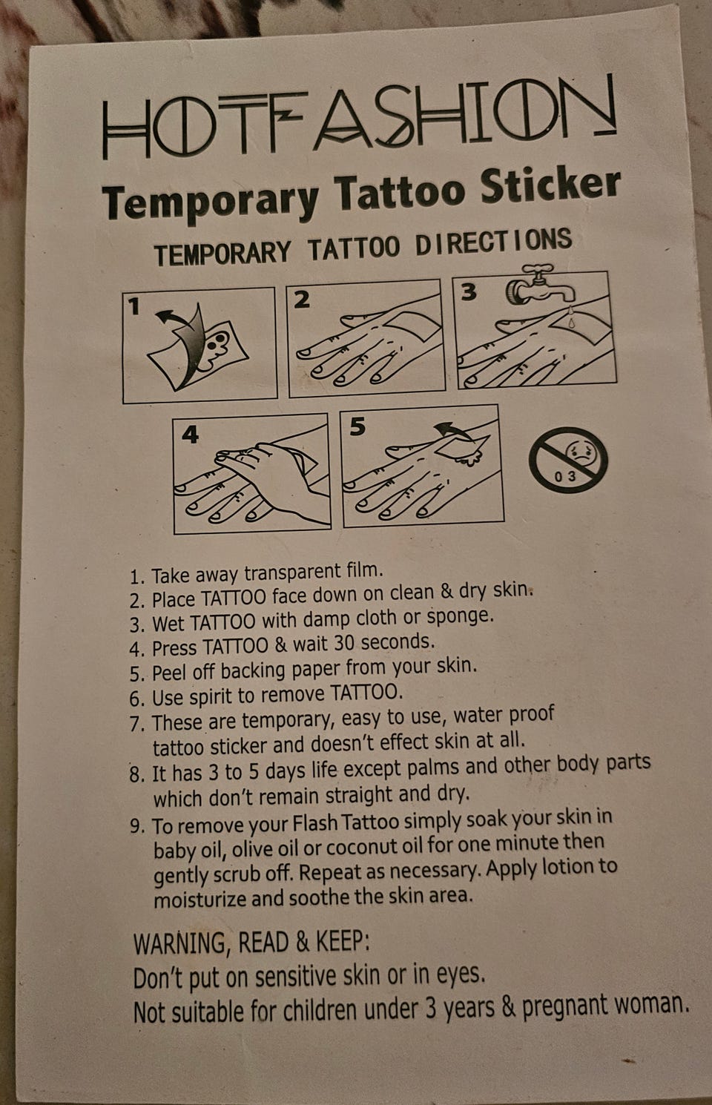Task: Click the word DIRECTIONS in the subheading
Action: tap(494, 243)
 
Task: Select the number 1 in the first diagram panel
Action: tap(133, 306)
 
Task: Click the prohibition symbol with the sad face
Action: tap(568, 460)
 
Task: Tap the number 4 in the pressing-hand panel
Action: tap(191, 435)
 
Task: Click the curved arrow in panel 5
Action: tap(453, 432)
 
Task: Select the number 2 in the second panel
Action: tap(301, 300)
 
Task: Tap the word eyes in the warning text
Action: tap(461, 974)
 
